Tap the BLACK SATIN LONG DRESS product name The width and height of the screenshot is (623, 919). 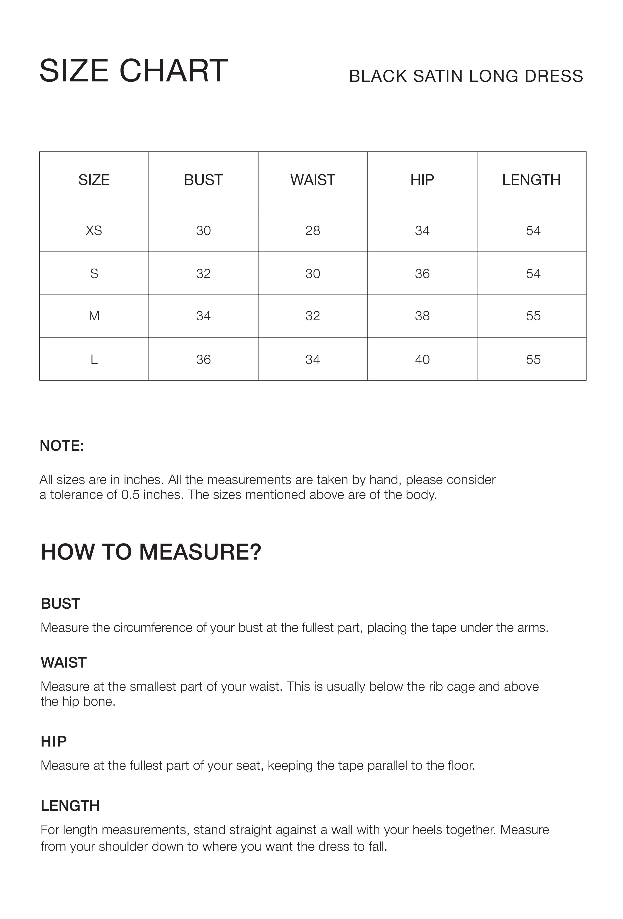pos(465,76)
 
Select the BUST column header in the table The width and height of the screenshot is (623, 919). pos(203,180)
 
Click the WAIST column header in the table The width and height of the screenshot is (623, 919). pos(312,180)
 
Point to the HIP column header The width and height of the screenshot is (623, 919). pos(422,180)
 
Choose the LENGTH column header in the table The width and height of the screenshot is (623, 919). pos(531,180)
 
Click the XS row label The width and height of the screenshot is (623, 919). pos(94,230)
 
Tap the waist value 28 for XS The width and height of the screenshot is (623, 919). pos(312,230)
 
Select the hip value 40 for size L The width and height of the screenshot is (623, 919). pos(422,359)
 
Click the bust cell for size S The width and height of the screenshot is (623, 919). pos(203,274)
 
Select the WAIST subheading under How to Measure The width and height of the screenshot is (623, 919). pos(63,663)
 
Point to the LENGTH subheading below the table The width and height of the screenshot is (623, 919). pos(70,806)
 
